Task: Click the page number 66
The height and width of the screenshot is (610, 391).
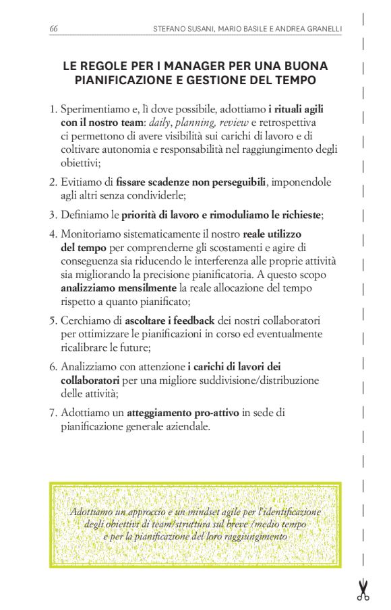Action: click(53, 28)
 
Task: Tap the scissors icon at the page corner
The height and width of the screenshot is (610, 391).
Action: click(363, 590)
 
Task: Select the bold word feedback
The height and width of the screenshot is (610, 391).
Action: click(194, 320)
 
